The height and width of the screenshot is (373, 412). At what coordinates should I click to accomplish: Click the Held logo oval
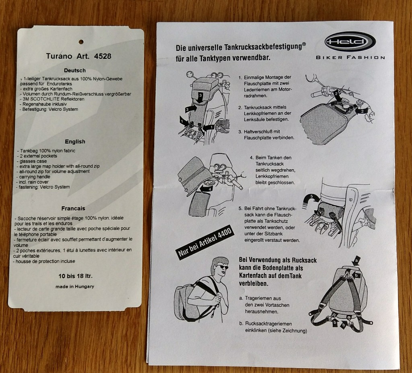(x=350, y=41)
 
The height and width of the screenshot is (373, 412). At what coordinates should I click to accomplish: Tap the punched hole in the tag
(x=81, y=41)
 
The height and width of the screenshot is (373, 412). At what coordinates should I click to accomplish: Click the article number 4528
(x=103, y=56)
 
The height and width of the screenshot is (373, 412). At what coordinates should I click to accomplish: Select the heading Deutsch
(x=75, y=70)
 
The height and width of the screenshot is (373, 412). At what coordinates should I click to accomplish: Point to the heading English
(x=75, y=141)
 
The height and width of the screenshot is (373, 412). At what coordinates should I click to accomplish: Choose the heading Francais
(x=73, y=208)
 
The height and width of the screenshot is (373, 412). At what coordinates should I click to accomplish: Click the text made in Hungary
(x=74, y=286)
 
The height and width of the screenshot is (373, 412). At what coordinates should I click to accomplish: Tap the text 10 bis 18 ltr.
(x=75, y=276)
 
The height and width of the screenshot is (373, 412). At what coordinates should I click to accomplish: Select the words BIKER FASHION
(x=350, y=57)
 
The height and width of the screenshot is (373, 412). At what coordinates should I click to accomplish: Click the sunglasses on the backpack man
(x=222, y=267)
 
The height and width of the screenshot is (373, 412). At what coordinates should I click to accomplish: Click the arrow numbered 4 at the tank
(x=207, y=188)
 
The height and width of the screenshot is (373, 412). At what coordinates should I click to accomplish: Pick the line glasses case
(x=32, y=161)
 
